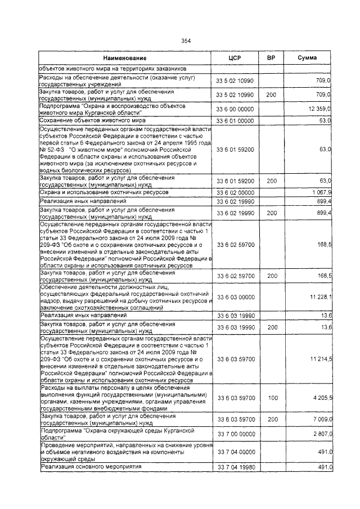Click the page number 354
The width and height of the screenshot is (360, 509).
point(186,40)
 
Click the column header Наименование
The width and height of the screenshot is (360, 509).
point(125,58)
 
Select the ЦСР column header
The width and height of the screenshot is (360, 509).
point(235,58)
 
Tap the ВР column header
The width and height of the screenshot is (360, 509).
point(271,58)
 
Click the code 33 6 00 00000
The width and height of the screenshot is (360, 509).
point(235,108)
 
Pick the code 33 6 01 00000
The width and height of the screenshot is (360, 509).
point(235,120)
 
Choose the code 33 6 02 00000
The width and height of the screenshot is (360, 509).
point(235,193)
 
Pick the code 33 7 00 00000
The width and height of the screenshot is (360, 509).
point(235,434)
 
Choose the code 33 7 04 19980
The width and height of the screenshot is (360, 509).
point(235,467)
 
